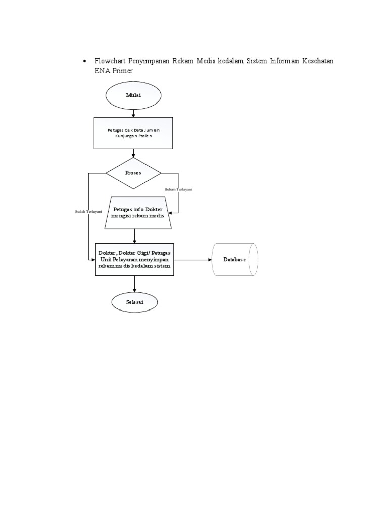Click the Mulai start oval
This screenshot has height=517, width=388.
point(133,96)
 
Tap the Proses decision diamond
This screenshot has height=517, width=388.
point(133,173)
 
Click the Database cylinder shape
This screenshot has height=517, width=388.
point(234,259)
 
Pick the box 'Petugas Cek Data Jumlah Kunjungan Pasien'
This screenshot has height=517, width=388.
point(133,133)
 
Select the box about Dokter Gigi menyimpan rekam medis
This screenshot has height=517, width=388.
point(134,259)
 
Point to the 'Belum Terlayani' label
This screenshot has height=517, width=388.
point(178,189)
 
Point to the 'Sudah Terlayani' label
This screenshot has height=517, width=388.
point(88,211)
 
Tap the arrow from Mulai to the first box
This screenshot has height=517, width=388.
point(133,114)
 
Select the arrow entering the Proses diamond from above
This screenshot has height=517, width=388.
point(133,153)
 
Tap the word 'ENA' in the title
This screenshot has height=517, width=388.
point(103,71)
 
